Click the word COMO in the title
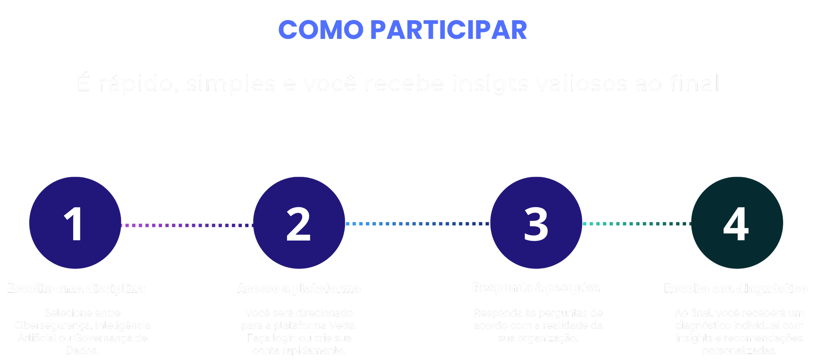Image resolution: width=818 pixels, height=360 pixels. [321, 30]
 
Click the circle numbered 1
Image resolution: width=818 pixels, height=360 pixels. [75, 223]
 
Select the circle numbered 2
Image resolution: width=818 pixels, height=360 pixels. [299, 223]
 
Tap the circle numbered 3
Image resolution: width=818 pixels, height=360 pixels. [536, 223]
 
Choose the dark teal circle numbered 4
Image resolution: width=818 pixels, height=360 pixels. [737, 223]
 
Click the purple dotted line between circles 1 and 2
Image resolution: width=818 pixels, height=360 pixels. [187, 225]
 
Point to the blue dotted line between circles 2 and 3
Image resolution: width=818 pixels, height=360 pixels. [418, 224]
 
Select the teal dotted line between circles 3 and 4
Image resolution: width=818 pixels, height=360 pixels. [636, 224]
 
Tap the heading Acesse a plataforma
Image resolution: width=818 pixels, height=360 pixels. [299, 289]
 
